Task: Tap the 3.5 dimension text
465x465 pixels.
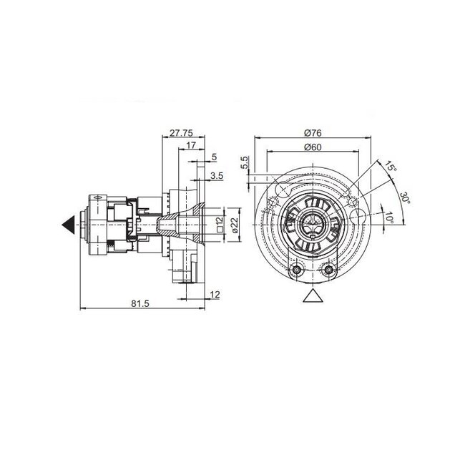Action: click(x=215, y=175)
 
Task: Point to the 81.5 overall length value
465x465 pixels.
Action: click(x=140, y=304)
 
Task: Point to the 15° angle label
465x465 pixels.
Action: click(x=389, y=169)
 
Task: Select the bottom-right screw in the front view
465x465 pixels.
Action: click(x=328, y=270)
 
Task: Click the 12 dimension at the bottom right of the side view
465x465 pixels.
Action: click(x=215, y=294)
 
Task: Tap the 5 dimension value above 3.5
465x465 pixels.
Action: click(x=215, y=158)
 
